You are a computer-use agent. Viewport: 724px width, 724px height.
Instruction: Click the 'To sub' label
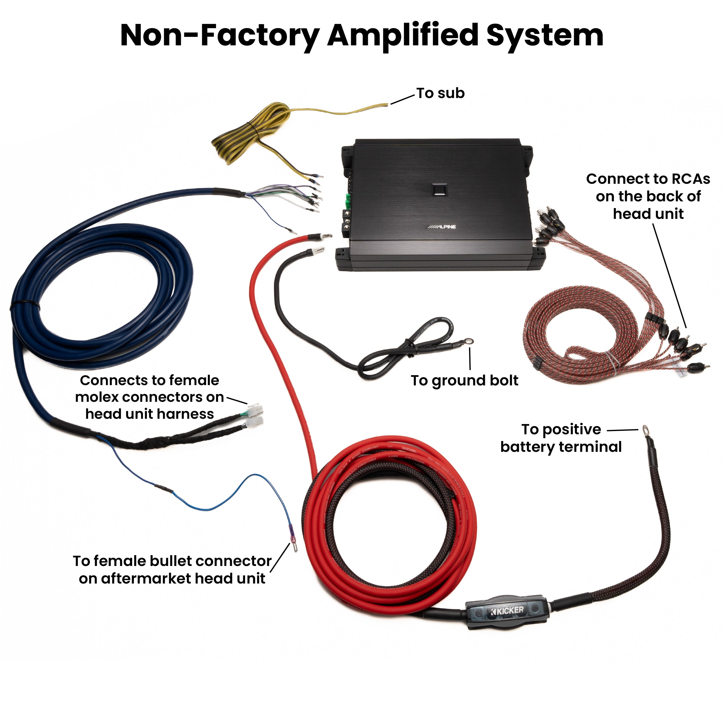pyautogui.click(x=440, y=93)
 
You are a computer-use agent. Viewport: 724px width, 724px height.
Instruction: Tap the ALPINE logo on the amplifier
pyautogui.click(x=442, y=227)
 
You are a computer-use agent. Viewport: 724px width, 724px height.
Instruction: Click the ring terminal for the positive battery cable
pyautogui.click(x=646, y=429)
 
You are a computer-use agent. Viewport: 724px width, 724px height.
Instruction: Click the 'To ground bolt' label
pyautogui.click(x=464, y=380)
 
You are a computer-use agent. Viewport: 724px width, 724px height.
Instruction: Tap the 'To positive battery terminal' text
pyautogui.click(x=561, y=438)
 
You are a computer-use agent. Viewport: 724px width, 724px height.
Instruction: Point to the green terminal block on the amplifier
pyautogui.click(x=349, y=202)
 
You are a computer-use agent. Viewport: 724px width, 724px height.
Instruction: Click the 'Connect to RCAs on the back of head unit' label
pyautogui.click(x=648, y=196)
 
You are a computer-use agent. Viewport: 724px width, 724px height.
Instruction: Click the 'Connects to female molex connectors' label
pyautogui.click(x=150, y=397)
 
